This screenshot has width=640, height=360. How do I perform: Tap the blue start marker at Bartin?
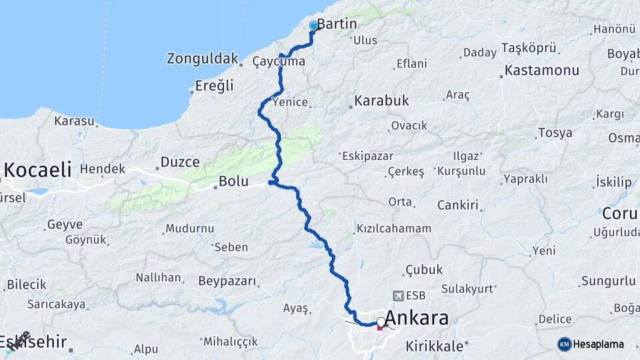point(313,26)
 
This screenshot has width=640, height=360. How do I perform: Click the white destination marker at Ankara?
point(381,323)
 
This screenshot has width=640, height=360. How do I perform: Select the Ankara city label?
point(417,318)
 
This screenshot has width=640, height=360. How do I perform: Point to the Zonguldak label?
point(203,59)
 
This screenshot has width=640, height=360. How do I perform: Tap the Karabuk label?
point(381,101)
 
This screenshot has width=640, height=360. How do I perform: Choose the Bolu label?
point(233,181)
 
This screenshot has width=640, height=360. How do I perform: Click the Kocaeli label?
point(37,170)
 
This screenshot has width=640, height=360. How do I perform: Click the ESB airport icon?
point(399,295)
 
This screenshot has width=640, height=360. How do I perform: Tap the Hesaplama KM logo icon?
point(564,344)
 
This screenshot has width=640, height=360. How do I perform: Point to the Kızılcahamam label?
point(394,229)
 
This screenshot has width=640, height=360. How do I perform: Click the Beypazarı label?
point(228,281)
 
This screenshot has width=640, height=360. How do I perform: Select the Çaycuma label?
point(279,62)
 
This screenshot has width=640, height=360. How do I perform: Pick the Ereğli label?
point(215,85)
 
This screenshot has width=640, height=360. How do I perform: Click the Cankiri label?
point(458,205)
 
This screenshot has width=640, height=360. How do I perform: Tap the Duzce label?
point(180,162)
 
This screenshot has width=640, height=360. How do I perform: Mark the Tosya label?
point(555,133)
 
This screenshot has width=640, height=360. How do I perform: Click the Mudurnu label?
point(190,229)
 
